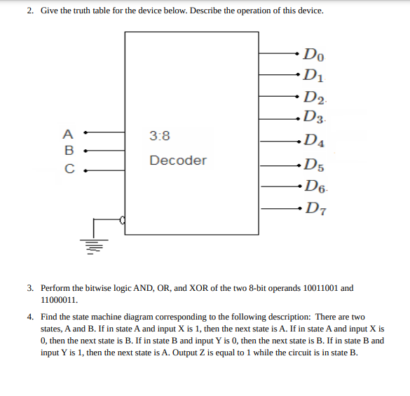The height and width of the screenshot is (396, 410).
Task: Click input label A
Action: click(67, 132)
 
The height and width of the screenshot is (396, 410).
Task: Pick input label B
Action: click(68, 149)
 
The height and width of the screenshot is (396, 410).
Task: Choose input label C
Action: click(68, 168)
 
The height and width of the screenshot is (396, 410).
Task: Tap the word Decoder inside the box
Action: click(178, 161)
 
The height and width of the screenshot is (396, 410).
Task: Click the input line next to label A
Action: click(105, 132)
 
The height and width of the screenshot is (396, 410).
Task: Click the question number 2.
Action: click(30, 11)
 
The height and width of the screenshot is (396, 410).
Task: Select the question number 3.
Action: click(30, 288)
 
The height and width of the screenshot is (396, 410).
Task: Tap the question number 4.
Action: click(30, 318)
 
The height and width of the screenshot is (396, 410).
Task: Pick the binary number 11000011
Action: click(57, 298)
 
